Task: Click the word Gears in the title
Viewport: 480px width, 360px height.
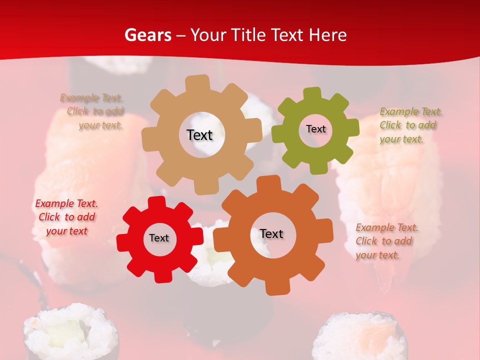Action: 147,35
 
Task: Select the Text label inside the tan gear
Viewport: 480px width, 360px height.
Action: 199,135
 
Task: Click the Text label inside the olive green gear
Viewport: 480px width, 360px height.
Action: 315,129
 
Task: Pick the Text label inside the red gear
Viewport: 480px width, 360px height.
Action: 158,238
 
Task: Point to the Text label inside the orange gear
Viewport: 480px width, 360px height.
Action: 271,233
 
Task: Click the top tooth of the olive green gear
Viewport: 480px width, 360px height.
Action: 312,93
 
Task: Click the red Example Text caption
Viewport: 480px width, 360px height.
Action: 66,217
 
